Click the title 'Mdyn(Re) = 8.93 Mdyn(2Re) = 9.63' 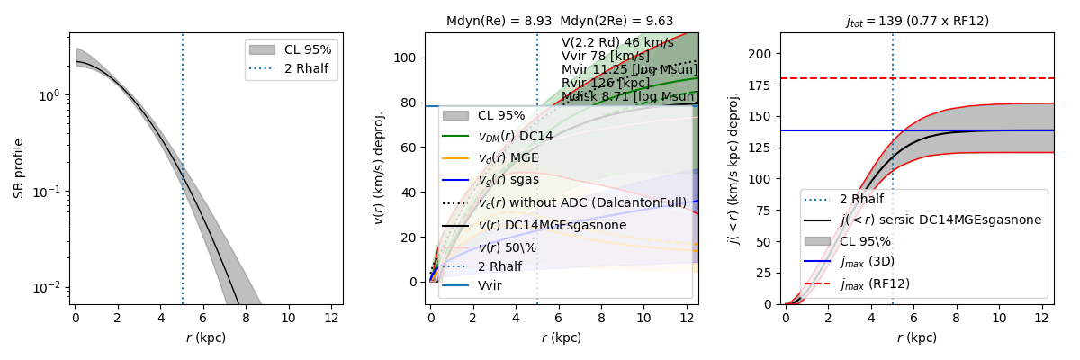(x=559, y=22)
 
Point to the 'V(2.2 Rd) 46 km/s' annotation (x=617, y=42)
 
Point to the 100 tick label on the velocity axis (x=407, y=58)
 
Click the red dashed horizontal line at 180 (x=990, y=78)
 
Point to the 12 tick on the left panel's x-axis (x=331, y=319)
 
